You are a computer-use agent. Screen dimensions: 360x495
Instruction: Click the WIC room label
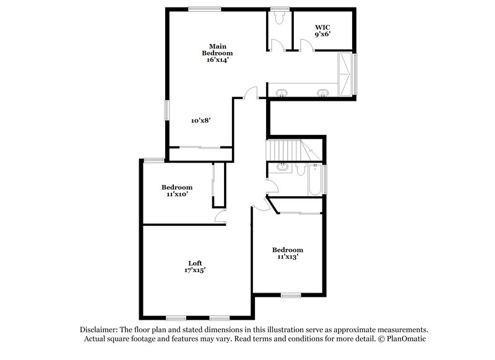322,27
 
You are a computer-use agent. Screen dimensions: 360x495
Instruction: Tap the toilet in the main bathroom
278,19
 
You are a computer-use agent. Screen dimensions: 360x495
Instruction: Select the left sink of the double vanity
282,93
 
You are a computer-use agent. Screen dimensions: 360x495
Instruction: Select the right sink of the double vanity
322,93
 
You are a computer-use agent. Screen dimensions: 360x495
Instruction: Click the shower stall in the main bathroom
345,74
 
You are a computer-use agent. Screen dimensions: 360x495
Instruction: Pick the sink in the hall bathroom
283,166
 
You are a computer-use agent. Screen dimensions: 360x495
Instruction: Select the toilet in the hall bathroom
301,168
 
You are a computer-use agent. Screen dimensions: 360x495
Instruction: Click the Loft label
196,263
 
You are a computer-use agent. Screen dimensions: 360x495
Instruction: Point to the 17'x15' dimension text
196,270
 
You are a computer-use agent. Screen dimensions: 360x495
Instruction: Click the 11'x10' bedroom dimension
177,194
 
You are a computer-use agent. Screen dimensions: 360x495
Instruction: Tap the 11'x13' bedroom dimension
288,256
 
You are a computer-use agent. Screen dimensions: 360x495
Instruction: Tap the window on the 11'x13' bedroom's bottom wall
291,294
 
